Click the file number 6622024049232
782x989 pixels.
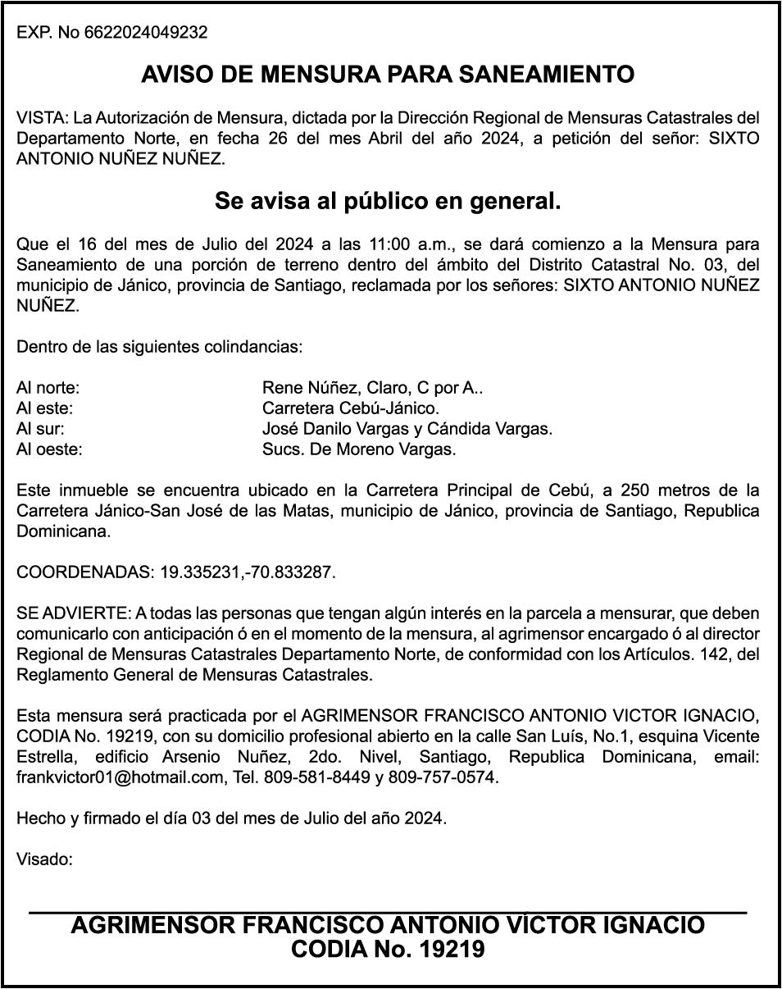click(x=146, y=34)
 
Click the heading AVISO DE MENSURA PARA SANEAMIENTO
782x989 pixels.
click(x=388, y=75)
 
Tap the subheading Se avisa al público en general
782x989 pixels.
click(x=388, y=200)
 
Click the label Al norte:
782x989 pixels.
click(x=48, y=389)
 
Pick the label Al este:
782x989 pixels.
click(x=46, y=408)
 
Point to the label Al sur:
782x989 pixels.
click(x=41, y=429)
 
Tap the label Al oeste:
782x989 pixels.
click(x=50, y=449)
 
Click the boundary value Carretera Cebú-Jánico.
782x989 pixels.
click(x=351, y=408)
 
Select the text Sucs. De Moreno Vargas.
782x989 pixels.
click(x=359, y=449)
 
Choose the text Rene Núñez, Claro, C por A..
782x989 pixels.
click(x=371, y=389)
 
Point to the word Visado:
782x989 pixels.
click(x=45, y=860)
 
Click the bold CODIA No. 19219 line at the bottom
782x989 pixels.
click(x=388, y=950)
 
